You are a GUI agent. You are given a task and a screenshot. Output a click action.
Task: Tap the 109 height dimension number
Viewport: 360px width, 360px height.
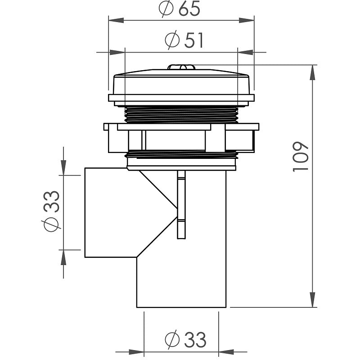click(x=300, y=156)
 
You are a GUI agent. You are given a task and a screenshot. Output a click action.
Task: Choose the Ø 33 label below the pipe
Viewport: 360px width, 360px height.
click(x=185, y=340)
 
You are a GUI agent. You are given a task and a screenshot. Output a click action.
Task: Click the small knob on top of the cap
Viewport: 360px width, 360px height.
click(x=181, y=67)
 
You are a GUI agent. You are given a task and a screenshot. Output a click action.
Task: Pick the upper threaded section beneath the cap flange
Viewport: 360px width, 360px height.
click(x=181, y=114)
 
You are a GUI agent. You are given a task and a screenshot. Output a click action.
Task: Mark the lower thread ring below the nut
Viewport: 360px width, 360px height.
click(x=181, y=155)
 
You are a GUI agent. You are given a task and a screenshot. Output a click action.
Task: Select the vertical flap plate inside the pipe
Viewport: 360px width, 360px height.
click(x=181, y=205)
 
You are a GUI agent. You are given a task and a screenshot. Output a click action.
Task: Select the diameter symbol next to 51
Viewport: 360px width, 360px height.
click(x=172, y=41)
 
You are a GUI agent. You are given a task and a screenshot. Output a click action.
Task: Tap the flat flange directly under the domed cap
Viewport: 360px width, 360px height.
click(x=181, y=98)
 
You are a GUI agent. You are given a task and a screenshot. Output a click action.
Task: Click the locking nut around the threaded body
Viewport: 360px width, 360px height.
click(x=181, y=137)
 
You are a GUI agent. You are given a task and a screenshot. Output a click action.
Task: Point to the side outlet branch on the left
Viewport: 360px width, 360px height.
click(x=108, y=211)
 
